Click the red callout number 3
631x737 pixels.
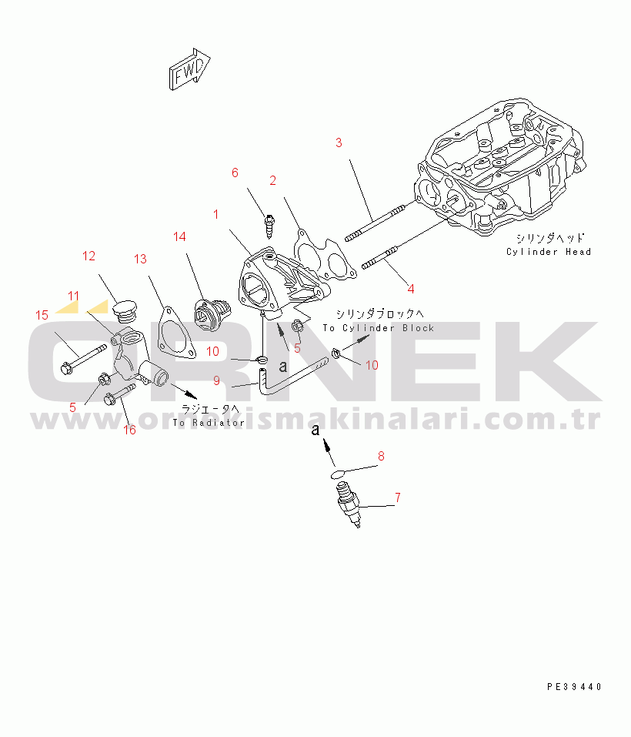(338, 142)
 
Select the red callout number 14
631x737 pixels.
(179, 236)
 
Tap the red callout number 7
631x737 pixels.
(397, 497)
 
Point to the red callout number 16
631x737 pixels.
(130, 430)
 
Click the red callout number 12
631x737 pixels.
(89, 255)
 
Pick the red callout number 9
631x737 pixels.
(216, 380)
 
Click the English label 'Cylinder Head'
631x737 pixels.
(549, 252)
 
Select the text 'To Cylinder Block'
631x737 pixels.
(378, 328)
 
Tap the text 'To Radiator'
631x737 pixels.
(209, 423)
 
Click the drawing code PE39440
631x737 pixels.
(574, 686)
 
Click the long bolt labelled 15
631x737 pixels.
(82, 358)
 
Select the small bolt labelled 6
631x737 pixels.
(269, 223)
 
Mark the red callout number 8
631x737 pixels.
(379, 457)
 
